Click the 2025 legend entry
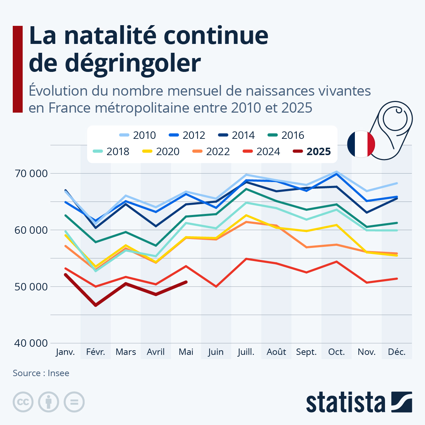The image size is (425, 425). click(x=312, y=152)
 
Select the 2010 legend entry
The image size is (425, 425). click(x=138, y=135)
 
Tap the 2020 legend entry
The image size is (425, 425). click(x=161, y=152)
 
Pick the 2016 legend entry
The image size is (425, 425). click(x=286, y=135)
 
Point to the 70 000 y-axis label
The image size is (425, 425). click(x=31, y=174)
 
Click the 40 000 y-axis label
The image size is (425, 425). click(x=31, y=343)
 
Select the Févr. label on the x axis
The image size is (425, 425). click(x=96, y=352)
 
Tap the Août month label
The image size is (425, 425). click(x=276, y=352)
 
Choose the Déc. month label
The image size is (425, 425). click(x=397, y=352)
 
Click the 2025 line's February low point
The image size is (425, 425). click(x=96, y=305)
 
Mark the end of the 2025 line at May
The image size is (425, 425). click(x=186, y=282)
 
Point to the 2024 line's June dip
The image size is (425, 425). click(x=216, y=287)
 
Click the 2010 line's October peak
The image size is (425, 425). click(x=336, y=172)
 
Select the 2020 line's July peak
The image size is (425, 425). click(x=246, y=215)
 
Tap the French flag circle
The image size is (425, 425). click(x=361, y=144)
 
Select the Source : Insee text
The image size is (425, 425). click(x=41, y=373)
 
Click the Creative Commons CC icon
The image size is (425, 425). click(x=23, y=402)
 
